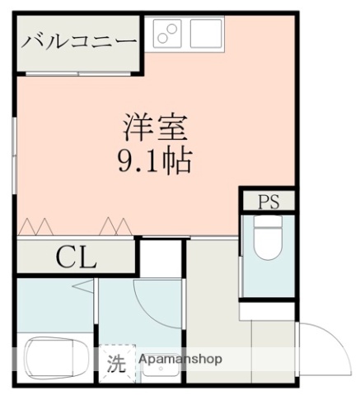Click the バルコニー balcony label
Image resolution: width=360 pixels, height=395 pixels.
pyautogui.click(x=78, y=39)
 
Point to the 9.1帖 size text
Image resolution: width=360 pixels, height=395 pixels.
pyautogui.click(x=157, y=159)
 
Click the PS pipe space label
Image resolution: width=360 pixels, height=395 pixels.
pyautogui.click(x=269, y=201)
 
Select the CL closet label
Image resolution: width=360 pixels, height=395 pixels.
pyautogui.click(x=76, y=258)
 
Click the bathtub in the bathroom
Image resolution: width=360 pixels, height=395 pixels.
pyautogui.click(x=55, y=355)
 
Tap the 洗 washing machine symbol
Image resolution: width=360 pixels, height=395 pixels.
pyautogui.click(x=118, y=362)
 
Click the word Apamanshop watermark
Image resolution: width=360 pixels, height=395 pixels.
pyautogui.click(x=180, y=360)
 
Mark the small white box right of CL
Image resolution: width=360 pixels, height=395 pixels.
pyautogui.click(x=159, y=259)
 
